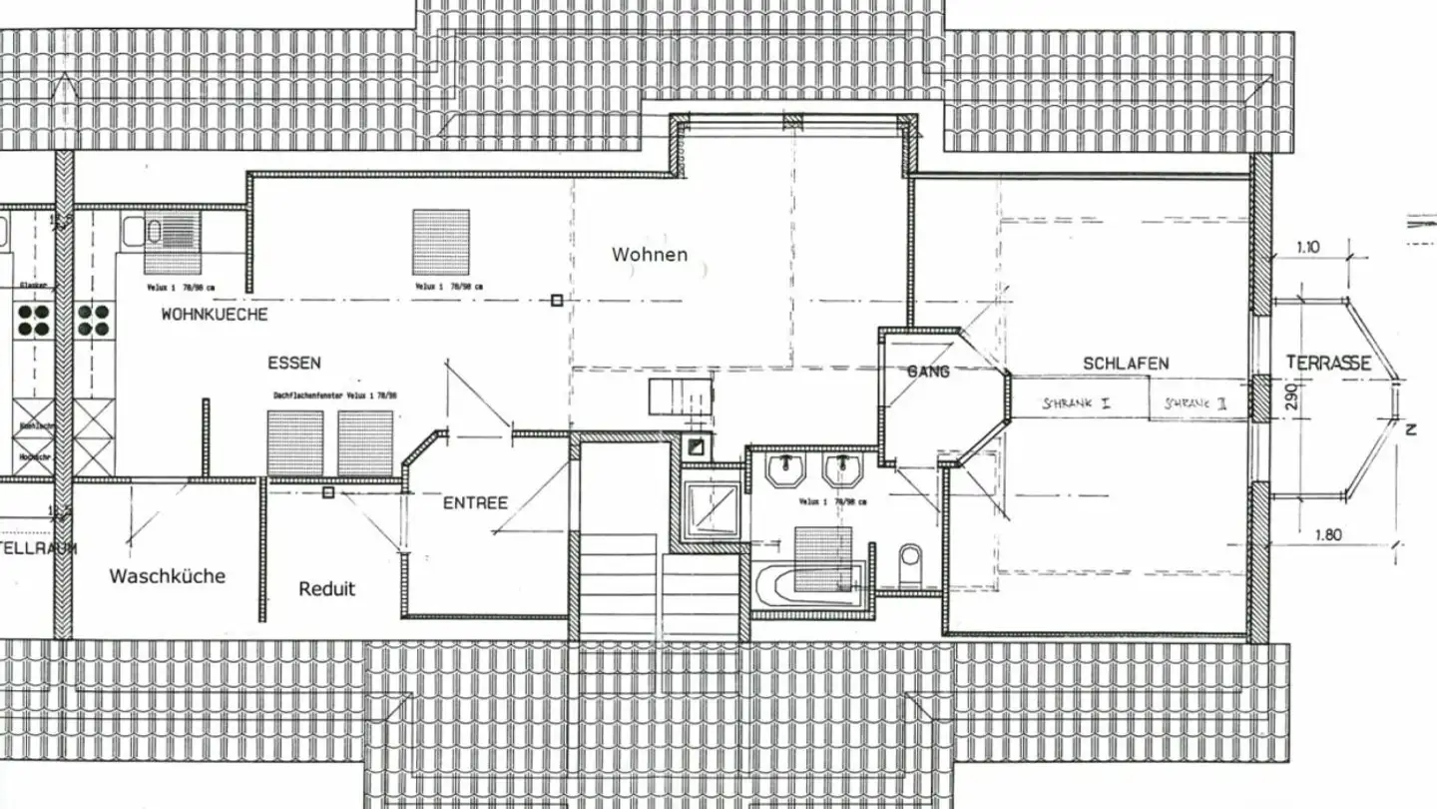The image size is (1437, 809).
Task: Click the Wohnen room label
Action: click(650, 255)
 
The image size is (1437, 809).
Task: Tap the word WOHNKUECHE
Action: click(215, 315)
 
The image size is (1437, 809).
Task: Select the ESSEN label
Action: click(294, 363)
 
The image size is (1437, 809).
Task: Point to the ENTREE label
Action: click(475, 502)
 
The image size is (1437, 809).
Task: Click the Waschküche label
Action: click(167, 576)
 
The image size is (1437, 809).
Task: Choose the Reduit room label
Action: click(326, 589)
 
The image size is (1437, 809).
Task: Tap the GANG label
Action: click(928, 372)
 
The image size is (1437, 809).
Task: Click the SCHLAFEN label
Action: click(1126, 364)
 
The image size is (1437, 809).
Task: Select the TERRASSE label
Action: click(1327, 363)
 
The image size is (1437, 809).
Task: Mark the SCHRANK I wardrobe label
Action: click(1077, 404)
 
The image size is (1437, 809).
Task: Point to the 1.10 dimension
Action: click(1309, 246)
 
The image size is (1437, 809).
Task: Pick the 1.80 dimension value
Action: click(1327, 534)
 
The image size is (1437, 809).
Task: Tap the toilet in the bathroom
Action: click(910, 563)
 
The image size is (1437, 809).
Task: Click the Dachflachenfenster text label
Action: click(336, 397)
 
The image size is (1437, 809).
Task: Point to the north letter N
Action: click(1410, 429)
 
